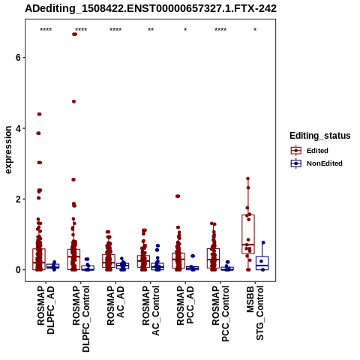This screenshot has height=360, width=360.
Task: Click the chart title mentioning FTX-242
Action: pyautogui.click(x=151, y=9)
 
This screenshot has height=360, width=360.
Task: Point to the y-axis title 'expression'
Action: pyautogui.click(x=8, y=150)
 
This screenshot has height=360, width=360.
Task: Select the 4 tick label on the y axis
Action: pyautogui.click(x=18, y=128)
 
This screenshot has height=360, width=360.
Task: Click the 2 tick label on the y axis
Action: pyautogui.click(x=18, y=199)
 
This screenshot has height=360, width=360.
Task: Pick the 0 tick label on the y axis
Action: pyautogui.click(x=18, y=270)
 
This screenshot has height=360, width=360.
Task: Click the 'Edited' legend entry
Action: pyautogui.click(x=317, y=151)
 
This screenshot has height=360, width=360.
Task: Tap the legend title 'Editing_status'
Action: pyautogui.click(x=320, y=136)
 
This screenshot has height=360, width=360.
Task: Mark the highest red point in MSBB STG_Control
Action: pyautogui.click(x=248, y=178)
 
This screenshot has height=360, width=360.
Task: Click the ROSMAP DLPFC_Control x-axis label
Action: pyautogui.click(x=81, y=319)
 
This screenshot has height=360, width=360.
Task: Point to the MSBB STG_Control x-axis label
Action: pyautogui.click(x=255, y=313)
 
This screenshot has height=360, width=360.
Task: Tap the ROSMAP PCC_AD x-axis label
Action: pyautogui.click(x=185, y=305)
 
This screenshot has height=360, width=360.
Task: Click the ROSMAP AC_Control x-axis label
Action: pyautogui.click(x=151, y=310)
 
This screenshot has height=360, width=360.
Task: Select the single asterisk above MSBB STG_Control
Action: pyautogui.click(x=255, y=30)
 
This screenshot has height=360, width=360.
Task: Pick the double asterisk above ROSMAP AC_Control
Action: pyautogui.click(x=151, y=30)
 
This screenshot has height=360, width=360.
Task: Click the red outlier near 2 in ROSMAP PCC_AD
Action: pyautogui.click(x=178, y=196)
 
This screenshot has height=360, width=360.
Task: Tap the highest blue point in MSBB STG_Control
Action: pyautogui.click(x=263, y=242)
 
